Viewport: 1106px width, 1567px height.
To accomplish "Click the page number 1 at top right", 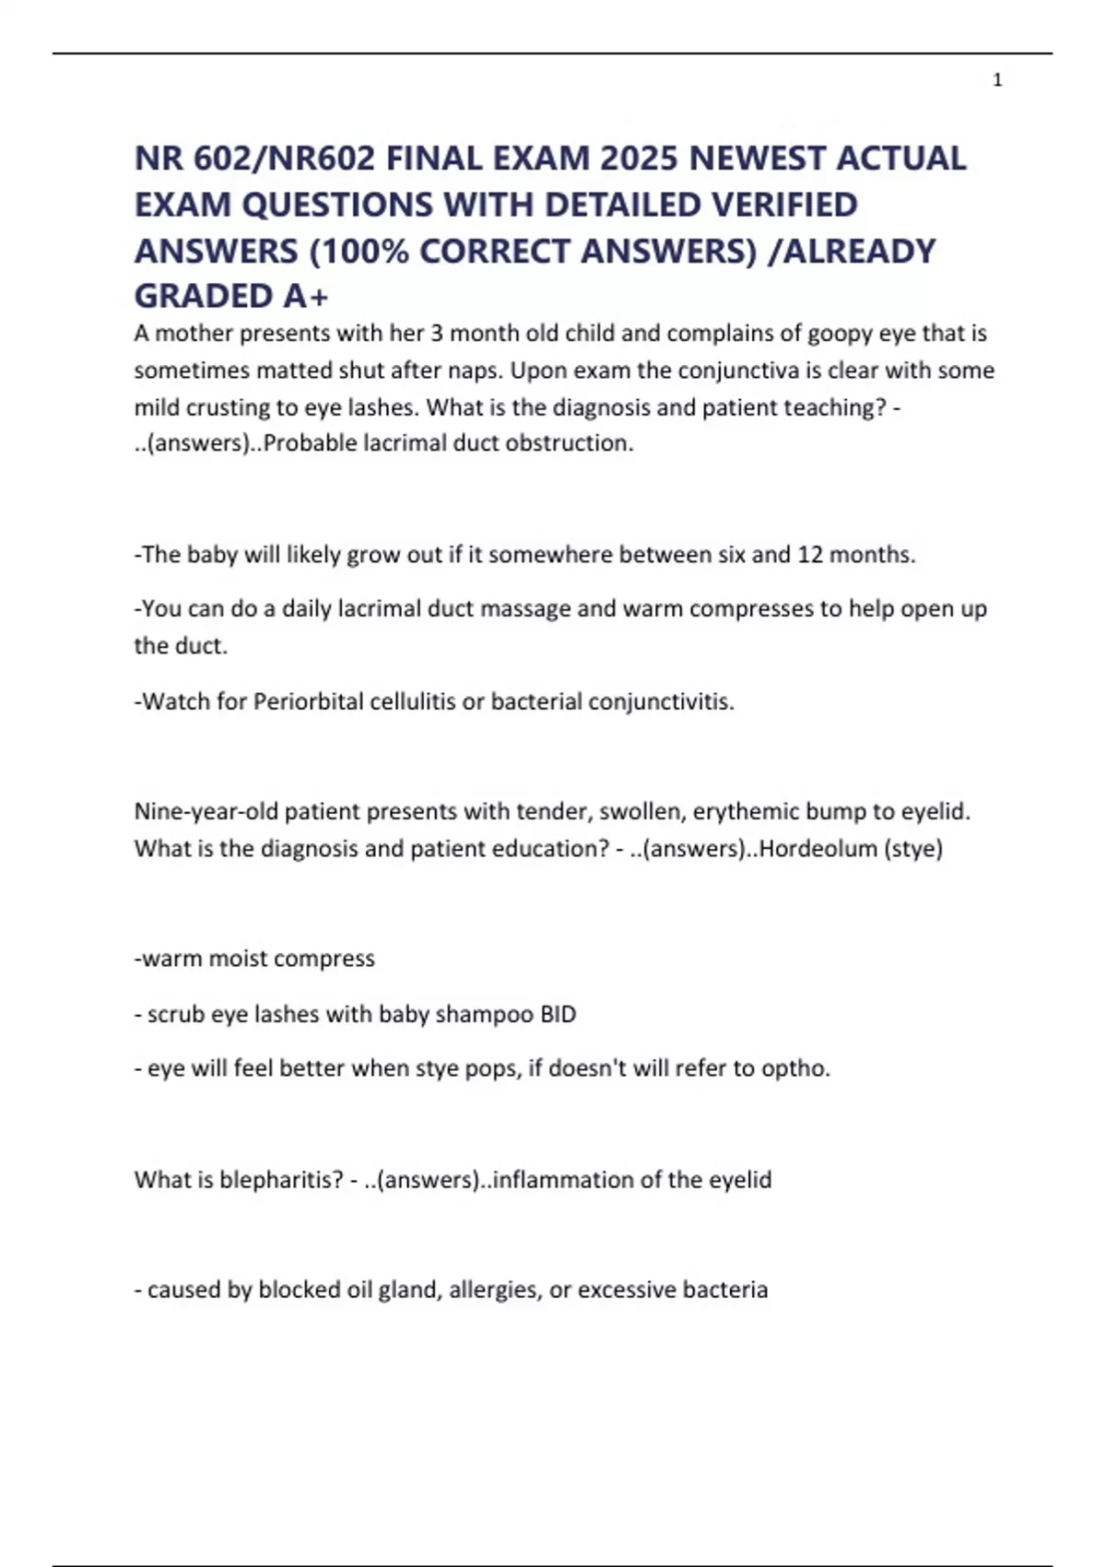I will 997,81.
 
